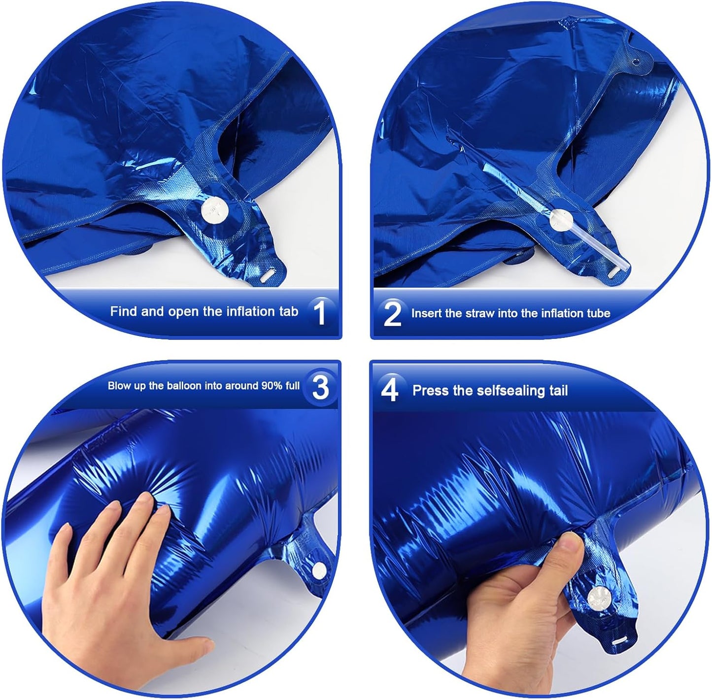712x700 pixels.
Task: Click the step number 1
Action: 320,312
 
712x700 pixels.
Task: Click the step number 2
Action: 392,313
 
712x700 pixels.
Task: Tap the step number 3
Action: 320,387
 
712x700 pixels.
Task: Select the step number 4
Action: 389,390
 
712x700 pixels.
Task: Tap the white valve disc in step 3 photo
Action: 320,569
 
